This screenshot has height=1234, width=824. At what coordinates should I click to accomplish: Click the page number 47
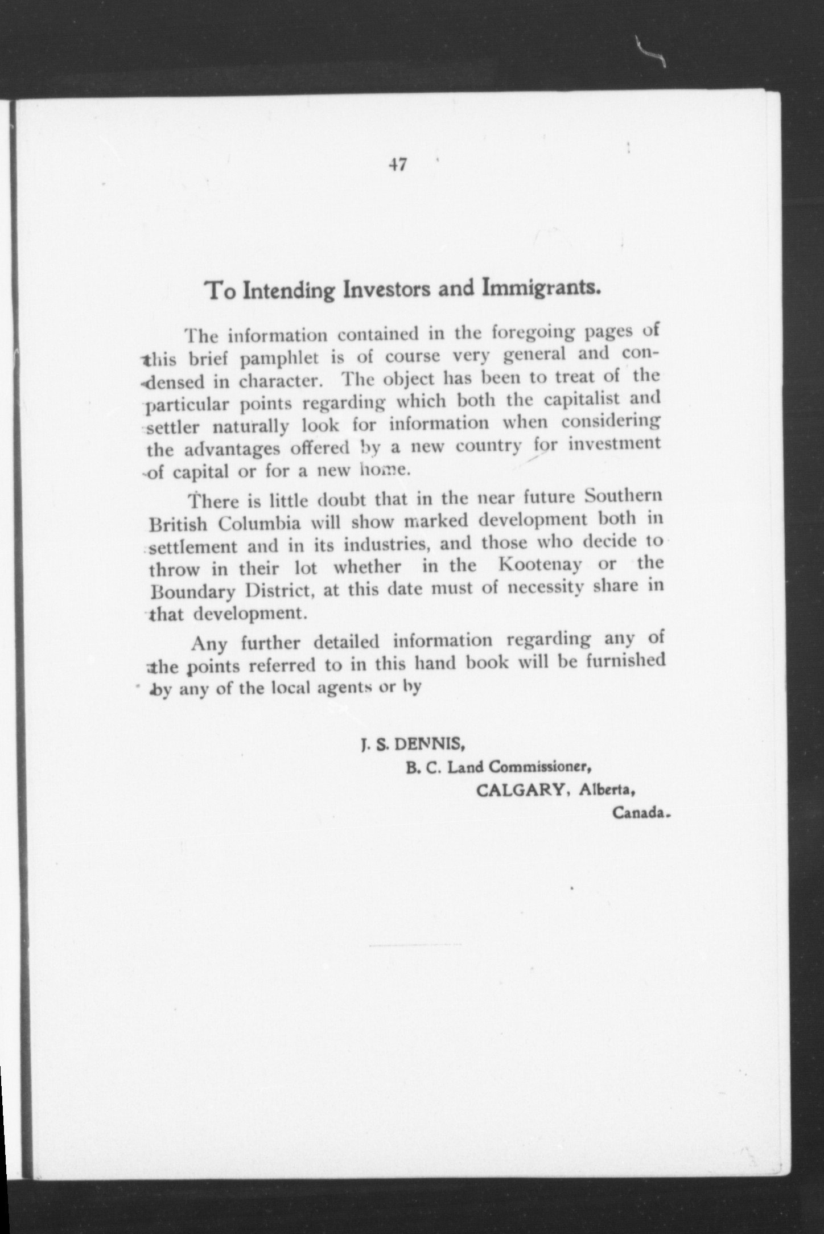[397, 164]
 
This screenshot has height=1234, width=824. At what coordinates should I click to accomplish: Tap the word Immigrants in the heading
[541, 287]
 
